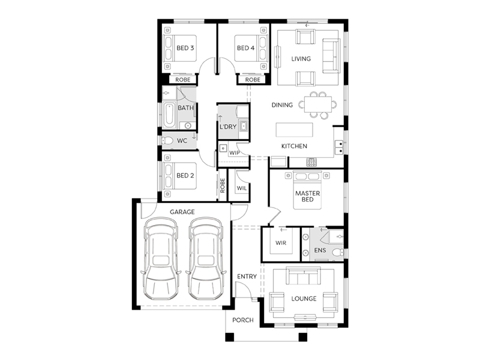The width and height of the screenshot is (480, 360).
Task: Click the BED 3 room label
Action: (185, 48)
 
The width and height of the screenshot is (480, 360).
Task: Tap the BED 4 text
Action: (245, 48)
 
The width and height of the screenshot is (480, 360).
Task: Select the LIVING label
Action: (301, 58)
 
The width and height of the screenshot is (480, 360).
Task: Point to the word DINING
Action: (282, 105)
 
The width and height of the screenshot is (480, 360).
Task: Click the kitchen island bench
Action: (295, 130)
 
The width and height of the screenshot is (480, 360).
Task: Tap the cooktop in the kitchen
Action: (311, 162)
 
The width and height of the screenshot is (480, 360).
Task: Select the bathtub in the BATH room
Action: (169, 115)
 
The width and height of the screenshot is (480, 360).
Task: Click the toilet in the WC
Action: (167, 141)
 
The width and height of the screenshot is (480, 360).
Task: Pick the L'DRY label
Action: (228, 127)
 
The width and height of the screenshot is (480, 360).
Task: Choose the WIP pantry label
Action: (235, 153)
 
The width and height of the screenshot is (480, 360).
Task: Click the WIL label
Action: (242, 188)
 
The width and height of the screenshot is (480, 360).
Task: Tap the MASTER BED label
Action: (308, 197)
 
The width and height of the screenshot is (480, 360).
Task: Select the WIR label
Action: (281, 243)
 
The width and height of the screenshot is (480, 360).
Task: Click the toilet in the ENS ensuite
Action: (338, 253)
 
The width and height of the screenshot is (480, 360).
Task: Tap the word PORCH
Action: (243, 320)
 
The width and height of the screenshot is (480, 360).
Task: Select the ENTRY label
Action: (247, 277)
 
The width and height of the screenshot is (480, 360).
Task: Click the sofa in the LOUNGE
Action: (304, 275)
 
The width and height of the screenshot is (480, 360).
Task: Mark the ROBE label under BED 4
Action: (253, 80)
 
